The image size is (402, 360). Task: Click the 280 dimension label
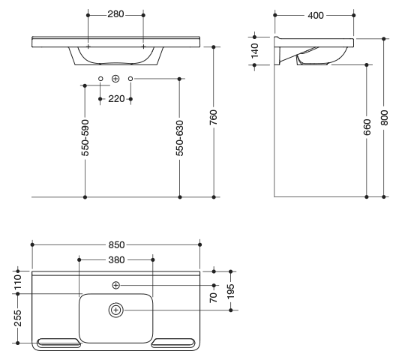(x=115, y=14)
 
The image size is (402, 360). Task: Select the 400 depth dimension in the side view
(x=316, y=16)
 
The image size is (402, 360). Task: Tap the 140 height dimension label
(x=254, y=51)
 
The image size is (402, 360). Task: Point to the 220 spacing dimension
(x=116, y=99)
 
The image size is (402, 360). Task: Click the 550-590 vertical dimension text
(x=85, y=138)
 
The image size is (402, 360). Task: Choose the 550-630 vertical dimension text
(x=180, y=138)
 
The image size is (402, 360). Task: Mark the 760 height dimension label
(x=213, y=118)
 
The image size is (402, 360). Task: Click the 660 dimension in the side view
(x=367, y=127)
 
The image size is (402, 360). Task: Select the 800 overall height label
(x=384, y=118)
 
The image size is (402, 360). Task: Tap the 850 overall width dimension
(x=116, y=244)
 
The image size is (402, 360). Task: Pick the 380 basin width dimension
(x=116, y=260)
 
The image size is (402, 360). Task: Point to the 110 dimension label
(x=18, y=282)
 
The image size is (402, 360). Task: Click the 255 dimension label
(x=18, y=318)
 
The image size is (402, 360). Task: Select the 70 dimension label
(x=213, y=298)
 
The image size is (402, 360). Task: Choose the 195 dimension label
(x=231, y=291)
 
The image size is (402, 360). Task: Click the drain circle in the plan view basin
(x=116, y=310)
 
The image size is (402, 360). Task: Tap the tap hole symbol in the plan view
(x=116, y=285)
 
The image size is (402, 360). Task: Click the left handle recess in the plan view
(x=58, y=343)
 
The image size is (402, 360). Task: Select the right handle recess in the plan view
(x=173, y=343)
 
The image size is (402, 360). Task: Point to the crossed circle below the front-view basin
(x=116, y=79)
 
